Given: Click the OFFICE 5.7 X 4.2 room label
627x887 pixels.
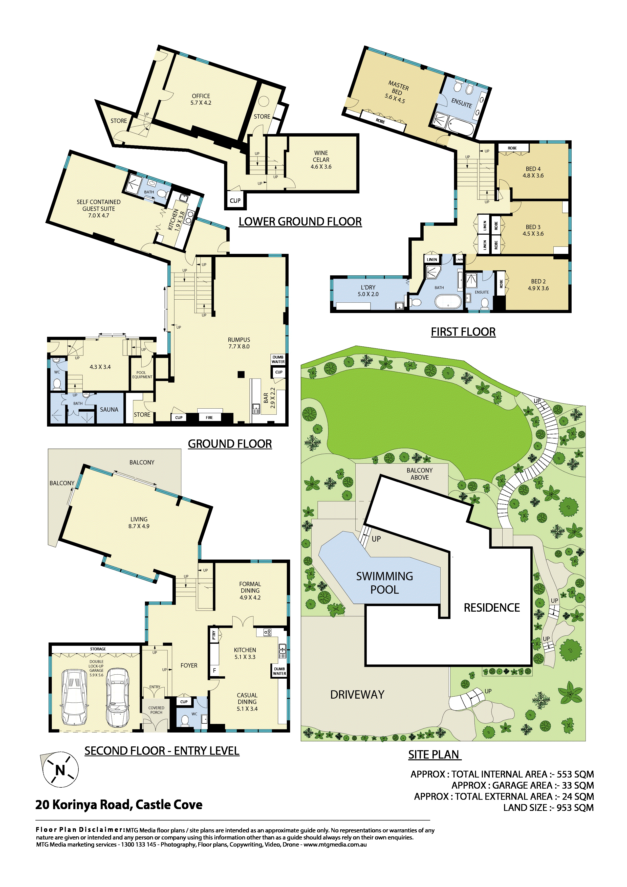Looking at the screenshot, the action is [x=201, y=99].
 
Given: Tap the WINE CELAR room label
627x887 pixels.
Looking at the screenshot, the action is [x=321, y=157].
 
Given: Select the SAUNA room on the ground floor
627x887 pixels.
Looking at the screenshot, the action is [x=109, y=410].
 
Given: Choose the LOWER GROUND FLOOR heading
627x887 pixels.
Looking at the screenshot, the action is [x=300, y=222].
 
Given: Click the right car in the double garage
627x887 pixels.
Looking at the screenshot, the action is [x=117, y=698].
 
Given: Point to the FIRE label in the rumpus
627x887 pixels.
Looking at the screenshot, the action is [x=209, y=418].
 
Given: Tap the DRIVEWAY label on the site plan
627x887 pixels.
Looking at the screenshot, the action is [x=357, y=695].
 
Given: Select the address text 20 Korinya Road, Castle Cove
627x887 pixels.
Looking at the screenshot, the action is [x=119, y=805].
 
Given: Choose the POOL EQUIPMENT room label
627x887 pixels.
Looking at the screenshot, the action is [x=142, y=375].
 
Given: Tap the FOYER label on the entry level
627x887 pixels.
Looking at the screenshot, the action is [x=189, y=665].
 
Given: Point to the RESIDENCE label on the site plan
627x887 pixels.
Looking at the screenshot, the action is [x=492, y=608].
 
